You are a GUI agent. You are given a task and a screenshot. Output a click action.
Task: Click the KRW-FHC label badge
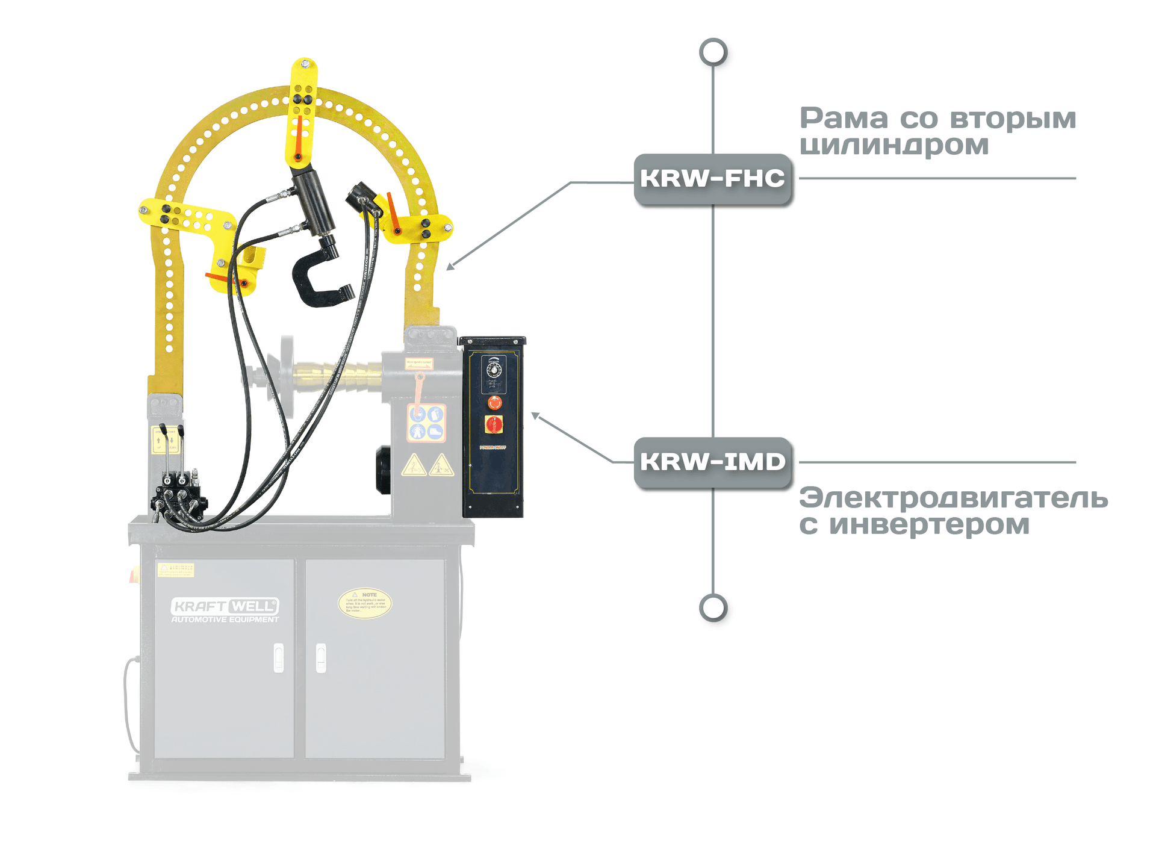pos(712,179)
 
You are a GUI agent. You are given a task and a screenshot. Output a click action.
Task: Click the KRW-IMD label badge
pos(712,462)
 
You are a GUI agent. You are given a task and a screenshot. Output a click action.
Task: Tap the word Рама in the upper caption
pos(844,119)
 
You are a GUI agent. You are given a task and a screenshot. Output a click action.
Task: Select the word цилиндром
pos(894,146)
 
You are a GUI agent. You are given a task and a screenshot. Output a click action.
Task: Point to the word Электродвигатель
pos(953,498)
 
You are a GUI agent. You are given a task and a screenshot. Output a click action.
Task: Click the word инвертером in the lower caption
pos(929,525)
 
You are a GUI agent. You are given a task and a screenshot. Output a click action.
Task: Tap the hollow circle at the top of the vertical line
pos(713,52)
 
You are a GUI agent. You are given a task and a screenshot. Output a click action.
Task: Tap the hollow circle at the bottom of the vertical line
pos(713,608)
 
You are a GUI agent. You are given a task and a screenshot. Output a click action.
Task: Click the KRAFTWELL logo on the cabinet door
pos(225,606)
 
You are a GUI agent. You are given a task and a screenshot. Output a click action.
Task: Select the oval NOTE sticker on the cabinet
pos(365,603)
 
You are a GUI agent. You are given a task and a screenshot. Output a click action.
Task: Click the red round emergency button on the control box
pos(494,402)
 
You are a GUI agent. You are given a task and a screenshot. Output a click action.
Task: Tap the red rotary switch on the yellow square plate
pos(494,424)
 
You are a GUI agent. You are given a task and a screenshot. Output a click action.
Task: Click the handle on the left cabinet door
pos(278,657)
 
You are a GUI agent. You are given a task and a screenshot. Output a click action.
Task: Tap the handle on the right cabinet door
pos(321,657)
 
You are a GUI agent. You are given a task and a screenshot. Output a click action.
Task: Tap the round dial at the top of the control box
pos(494,369)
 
